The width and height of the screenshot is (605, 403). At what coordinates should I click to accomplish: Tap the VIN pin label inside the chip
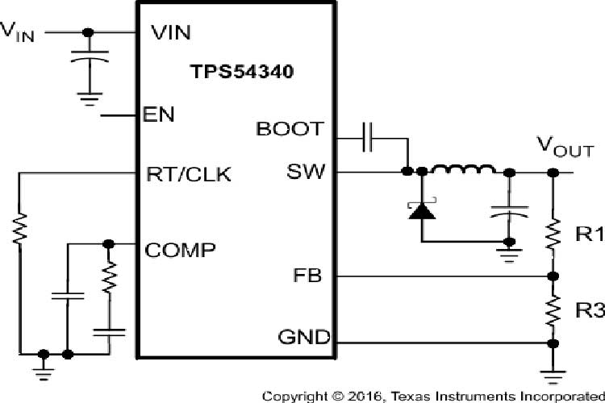click(170, 33)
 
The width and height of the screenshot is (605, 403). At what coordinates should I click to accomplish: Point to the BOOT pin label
click(290, 129)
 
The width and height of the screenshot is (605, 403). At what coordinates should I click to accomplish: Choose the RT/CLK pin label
click(188, 173)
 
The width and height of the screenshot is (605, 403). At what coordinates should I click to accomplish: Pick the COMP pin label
click(180, 249)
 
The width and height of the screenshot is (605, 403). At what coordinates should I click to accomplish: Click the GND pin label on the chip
click(303, 337)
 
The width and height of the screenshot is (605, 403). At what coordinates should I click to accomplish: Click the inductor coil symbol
click(464, 170)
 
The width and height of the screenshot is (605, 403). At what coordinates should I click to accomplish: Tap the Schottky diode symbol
click(421, 210)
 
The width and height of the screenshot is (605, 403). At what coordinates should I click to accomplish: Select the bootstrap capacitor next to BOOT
click(367, 138)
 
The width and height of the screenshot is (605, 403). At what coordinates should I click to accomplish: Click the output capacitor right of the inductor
click(509, 211)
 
